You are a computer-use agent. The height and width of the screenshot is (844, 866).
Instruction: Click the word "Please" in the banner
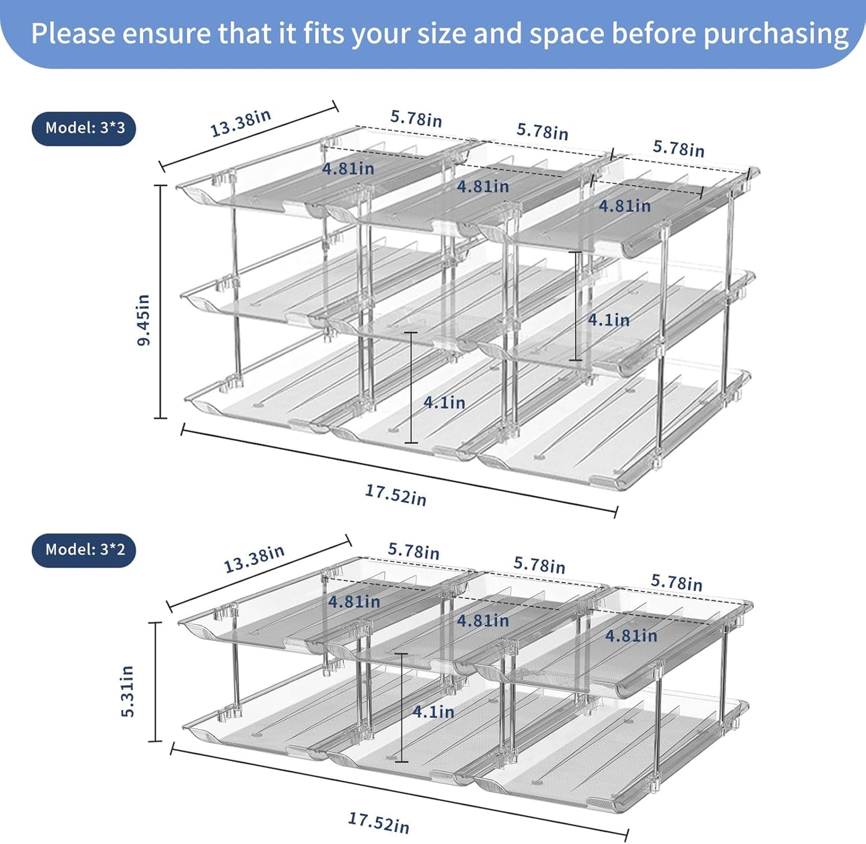click(72, 34)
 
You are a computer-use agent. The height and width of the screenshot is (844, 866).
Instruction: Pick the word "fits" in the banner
click(324, 34)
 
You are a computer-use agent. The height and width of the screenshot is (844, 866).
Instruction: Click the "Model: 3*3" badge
click(84, 128)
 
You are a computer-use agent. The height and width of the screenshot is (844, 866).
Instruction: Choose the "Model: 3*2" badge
click(84, 550)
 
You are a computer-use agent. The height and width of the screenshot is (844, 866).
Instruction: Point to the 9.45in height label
click(144, 320)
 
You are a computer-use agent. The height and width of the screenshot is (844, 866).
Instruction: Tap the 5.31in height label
click(128, 691)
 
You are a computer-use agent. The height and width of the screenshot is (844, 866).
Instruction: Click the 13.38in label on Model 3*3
click(240, 123)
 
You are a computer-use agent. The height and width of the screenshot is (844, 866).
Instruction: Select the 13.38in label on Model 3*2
click(254, 559)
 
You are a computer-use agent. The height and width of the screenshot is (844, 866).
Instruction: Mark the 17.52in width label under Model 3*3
click(396, 495)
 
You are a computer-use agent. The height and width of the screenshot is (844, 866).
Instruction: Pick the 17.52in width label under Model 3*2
click(379, 822)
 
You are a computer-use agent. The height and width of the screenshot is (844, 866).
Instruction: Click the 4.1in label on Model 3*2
click(433, 712)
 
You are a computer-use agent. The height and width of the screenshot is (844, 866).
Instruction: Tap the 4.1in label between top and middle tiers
click(608, 320)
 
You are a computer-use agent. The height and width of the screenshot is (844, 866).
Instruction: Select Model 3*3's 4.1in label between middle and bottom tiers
click(444, 403)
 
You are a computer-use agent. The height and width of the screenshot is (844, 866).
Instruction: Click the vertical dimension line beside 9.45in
click(161, 302)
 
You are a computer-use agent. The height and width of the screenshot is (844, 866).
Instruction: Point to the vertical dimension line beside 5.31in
click(155, 682)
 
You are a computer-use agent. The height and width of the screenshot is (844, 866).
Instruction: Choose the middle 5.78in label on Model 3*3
click(542, 131)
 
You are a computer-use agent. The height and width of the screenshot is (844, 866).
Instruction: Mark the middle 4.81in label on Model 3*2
click(483, 620)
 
